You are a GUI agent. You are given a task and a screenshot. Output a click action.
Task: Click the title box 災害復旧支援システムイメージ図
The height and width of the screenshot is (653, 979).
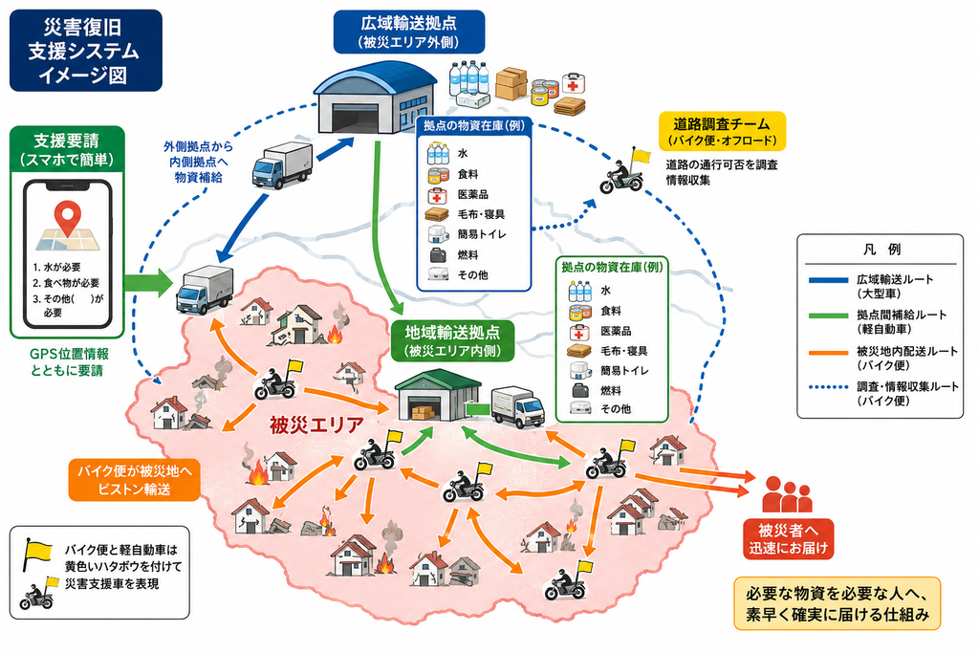(x=85, y=51)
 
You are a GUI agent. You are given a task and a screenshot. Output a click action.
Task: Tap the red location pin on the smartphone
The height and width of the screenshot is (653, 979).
(x=68, y=218)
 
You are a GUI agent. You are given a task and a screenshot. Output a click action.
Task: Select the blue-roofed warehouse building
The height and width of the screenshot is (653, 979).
(x=374, y=97)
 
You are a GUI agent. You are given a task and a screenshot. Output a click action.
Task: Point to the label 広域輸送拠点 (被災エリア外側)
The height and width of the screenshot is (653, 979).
(x=409, y=32)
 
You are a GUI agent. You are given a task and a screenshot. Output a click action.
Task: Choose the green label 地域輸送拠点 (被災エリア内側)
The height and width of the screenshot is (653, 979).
(x=452, y=341)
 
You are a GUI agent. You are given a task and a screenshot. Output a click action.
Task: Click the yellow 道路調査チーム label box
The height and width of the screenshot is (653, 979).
(x=722, y=131)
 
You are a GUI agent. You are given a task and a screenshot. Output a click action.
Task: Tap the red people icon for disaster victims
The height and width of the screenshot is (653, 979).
(x=787, y=494)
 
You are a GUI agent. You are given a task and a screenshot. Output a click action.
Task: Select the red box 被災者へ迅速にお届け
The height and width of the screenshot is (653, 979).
(x=788, y=539)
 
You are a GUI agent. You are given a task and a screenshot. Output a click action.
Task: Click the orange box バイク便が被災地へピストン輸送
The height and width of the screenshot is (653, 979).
(x=134, y=479)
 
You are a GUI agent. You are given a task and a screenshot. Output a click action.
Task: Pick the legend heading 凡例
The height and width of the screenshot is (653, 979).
(x=881, y=250)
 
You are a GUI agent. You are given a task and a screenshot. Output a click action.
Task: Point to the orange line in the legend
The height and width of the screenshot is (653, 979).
(x=829, y=353)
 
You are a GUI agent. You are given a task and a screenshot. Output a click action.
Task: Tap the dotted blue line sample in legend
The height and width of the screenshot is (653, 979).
(x=829, y=387)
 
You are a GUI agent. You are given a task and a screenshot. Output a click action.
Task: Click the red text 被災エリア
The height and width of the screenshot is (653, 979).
(x=316, y=425)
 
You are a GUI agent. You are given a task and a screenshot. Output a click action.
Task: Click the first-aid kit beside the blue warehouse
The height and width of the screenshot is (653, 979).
(x=574, y=83)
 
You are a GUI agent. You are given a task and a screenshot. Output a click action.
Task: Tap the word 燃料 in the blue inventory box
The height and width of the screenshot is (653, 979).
(x=468, y=254)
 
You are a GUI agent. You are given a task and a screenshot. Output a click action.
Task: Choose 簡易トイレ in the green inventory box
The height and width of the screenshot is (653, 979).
(x=624, y=371)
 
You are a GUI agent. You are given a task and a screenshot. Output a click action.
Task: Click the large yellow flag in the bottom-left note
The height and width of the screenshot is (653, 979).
(x=38, y=552)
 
